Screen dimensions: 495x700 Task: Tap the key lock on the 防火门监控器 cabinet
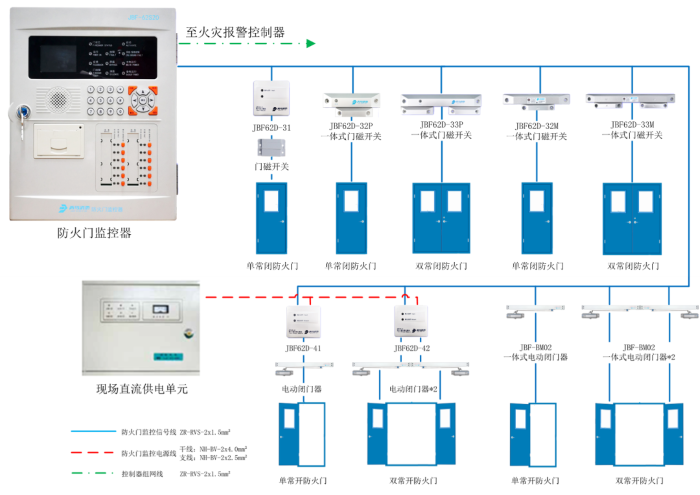pos(19,113)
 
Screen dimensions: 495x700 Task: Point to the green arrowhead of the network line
pos(311,43)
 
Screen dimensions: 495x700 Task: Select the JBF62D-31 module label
pos(271,128)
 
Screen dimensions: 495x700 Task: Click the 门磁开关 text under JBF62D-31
pos(271,166)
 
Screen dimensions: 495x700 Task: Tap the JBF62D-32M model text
pos(537,126)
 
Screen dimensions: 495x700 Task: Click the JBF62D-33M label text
pos(632,126)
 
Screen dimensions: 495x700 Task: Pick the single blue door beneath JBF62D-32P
pos(351,217)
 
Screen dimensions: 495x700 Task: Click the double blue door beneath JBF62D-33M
pos(632,217)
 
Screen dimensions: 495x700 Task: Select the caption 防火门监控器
pos(94,233)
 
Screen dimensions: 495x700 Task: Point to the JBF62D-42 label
pos(411,348)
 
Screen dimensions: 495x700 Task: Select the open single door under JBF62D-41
pos(302,435)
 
